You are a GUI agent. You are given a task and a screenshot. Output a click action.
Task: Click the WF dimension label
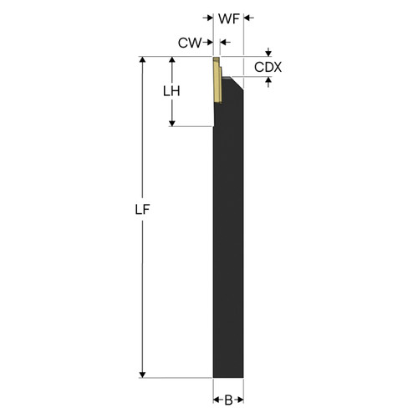(228, 18)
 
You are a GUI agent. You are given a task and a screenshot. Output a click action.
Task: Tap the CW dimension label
(190, 41)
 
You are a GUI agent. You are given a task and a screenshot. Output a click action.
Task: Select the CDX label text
(268, 66)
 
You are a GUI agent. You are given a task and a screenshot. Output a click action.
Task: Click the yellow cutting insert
(217, 81)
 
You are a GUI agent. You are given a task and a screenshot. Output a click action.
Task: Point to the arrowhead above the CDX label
(268, 53)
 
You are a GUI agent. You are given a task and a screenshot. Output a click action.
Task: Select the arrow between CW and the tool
(209, 41)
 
